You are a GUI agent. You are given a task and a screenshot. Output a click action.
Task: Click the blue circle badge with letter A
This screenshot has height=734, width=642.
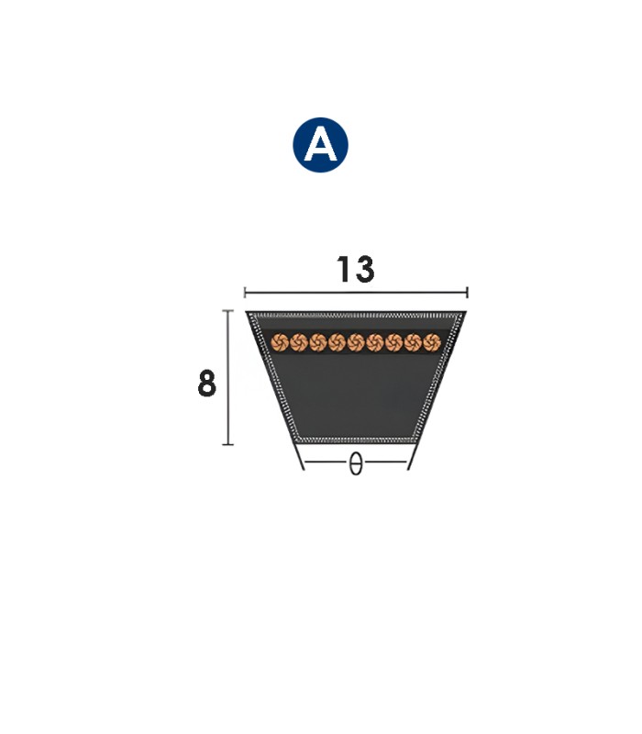pos(321,145)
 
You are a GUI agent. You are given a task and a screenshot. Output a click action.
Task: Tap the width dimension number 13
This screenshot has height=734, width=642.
pos(355,270)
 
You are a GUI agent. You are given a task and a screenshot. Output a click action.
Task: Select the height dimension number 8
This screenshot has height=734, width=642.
pos(207,384)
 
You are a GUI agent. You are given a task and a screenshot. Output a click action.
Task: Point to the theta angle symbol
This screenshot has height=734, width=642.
pos(356,465)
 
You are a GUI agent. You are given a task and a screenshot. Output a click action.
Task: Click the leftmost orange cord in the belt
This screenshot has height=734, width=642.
pos(281,342)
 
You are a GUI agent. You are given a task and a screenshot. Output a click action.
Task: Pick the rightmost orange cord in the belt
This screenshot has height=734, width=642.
pos(432,342)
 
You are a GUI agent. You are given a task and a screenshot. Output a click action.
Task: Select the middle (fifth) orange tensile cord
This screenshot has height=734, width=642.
pos(357,342)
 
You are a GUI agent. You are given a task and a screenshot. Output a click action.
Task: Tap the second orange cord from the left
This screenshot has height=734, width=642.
pos(300,342)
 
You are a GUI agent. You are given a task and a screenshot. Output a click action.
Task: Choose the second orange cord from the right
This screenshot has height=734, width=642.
pos(414,342)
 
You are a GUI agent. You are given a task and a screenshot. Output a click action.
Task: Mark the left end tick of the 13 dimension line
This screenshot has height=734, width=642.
pos(245,293)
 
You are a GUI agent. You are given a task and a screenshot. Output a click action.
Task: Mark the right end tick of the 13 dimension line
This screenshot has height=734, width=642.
pos(468,293)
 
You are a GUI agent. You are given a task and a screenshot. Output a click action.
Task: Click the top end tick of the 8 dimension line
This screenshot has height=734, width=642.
pos(227,312)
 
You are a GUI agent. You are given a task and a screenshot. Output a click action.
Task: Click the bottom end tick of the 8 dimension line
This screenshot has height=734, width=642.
pos(227,444)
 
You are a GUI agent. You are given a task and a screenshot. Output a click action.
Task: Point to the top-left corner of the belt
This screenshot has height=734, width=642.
pos(248,314)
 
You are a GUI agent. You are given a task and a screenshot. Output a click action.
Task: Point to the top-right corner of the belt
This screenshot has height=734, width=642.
pos(465,314)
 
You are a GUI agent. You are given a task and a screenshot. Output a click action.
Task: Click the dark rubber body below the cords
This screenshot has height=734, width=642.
pos(356,395)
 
